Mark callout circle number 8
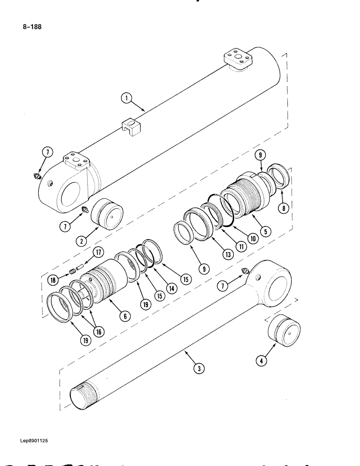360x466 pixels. (282, 208)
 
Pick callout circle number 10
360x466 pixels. (252, 238)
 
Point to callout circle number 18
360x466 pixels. (53, 281)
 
